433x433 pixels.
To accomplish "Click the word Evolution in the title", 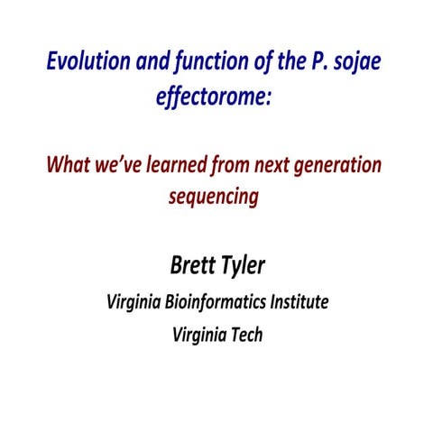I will [x=84, y=66].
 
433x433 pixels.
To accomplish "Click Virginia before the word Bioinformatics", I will [x=138, y=300].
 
